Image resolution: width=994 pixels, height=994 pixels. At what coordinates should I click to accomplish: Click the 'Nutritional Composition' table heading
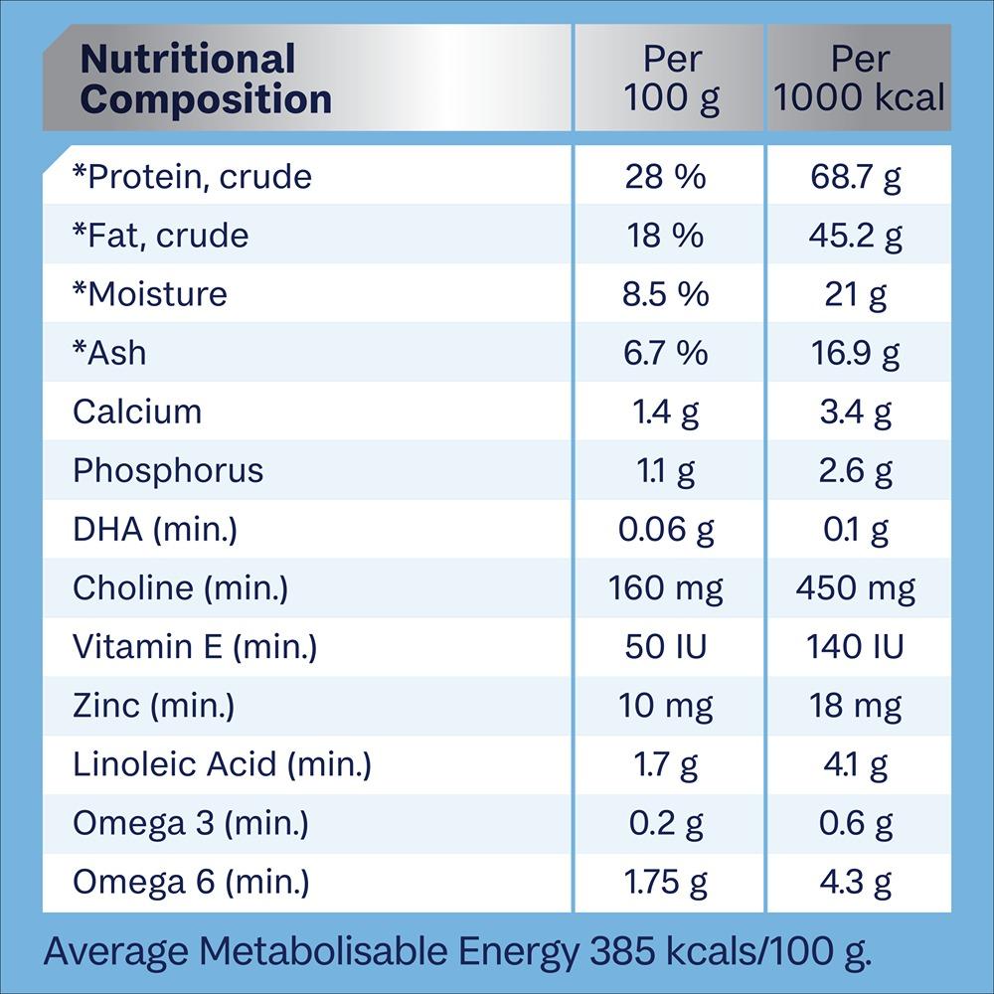point(206,79)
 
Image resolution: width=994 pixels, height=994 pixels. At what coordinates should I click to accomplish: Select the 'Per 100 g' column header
point(671,79)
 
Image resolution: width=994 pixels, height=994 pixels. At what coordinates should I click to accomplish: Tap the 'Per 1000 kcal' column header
point(859,79)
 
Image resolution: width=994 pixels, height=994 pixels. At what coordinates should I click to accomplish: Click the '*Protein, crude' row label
point(192,177)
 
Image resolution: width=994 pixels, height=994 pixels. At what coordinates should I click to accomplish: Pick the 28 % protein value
point(665,177)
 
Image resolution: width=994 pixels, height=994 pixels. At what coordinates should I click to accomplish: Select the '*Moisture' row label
point(149,294)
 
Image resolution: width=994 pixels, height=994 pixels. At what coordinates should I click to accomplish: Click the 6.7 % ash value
point(666,353)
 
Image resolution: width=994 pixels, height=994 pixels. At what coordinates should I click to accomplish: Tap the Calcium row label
point(137,412)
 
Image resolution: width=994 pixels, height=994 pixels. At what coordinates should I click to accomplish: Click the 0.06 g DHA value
point(666,529)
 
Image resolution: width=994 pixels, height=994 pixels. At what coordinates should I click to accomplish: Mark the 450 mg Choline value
point(855,588)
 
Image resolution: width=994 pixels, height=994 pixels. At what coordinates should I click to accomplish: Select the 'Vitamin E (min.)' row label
point(195,647)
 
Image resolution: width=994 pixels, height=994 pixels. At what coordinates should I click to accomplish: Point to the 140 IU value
point(855,647)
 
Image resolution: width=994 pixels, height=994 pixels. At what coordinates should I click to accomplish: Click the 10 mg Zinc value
point(666,706)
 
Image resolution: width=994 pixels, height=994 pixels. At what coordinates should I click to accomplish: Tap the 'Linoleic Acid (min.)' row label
point(222,764)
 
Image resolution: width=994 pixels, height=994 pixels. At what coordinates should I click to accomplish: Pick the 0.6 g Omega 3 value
point(855,823)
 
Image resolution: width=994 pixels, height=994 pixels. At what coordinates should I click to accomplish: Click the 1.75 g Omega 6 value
point(666,882)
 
